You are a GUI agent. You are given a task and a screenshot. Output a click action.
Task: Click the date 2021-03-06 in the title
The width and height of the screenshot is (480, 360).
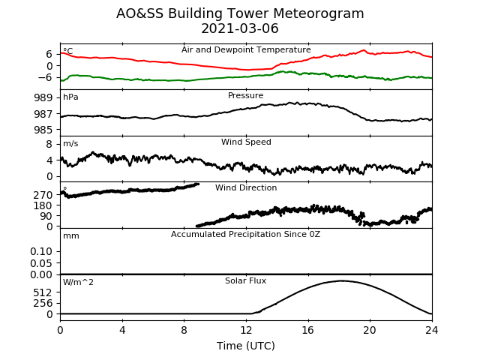(x=240, y=28)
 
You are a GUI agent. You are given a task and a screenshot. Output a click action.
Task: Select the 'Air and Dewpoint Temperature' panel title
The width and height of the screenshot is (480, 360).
(x=246, y=50)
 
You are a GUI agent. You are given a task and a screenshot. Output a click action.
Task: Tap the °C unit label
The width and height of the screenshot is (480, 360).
(x=68, y=50)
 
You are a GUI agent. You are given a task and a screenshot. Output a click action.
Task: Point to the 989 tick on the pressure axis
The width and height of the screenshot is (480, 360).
(x=43, y=97)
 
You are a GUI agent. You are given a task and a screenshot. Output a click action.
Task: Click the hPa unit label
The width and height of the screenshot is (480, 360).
(x=70, y=97)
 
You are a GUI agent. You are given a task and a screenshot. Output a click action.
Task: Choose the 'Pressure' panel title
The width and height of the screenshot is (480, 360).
(x=245, y=95)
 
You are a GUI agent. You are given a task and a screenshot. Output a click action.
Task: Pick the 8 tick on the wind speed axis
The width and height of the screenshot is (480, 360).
(x=49, y=144)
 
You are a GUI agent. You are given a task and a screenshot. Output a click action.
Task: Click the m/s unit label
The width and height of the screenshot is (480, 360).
(x=70, y=143)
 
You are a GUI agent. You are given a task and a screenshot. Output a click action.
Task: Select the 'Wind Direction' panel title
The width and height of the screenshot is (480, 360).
(x=246, y=187)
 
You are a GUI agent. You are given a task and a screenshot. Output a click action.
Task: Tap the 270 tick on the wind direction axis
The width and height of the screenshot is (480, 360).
(x=43, y=195)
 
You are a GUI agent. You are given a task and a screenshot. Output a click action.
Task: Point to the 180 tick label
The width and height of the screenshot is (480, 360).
(x=43, y=205)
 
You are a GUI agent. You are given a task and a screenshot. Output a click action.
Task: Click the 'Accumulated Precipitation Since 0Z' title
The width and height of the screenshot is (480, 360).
(x=245, y=234)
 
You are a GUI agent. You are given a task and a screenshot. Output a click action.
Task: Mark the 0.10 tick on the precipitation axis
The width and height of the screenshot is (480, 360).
(x=41, y=251)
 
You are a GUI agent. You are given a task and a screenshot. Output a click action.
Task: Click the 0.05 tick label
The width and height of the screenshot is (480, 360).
(x=41, y=263)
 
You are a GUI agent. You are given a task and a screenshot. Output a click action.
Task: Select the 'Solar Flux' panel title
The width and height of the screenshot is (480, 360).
(x=245, y=280)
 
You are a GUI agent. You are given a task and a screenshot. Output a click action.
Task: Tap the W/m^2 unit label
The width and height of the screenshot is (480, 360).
(x=78, y=282)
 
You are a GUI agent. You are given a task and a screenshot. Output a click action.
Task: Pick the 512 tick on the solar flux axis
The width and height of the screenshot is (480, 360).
(x=43, y=292)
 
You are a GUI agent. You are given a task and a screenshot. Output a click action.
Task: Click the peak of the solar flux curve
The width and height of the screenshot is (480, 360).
(x=341, y=280)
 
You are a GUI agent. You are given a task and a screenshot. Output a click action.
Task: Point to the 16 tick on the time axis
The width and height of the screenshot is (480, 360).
(x=308, y=330)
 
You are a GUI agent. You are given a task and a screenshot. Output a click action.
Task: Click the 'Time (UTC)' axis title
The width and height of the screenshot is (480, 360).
(x=246, y=346)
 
